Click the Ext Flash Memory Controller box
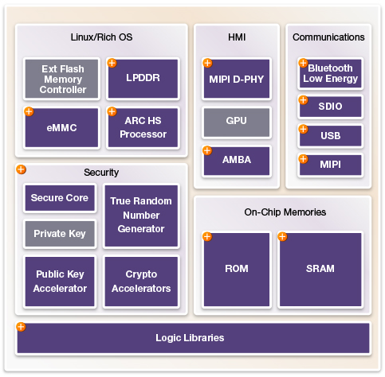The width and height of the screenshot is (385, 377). click(x=61, y=79)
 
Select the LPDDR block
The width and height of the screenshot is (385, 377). click(x=143, y=79)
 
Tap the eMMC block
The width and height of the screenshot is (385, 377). click(x=61, y=127)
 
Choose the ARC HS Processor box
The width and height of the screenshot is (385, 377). click(x=143, y=127)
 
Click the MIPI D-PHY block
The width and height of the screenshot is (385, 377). click(x=237, y=79)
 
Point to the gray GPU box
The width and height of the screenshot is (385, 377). click(x=237, y=122)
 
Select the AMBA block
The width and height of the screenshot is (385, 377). click(x=237, y=161)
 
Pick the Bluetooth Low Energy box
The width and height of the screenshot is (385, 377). click(x=330, y=73)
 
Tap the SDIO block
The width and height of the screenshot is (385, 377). click(x=330, y=107)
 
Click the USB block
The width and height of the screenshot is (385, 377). click(x=330, y=136)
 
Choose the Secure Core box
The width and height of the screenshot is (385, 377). click(x=60, y=198)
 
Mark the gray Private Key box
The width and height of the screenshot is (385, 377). click(x=60, y=234)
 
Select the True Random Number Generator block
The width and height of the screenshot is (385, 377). click(x=141, y=216)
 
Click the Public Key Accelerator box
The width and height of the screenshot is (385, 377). click(x=60, y=282)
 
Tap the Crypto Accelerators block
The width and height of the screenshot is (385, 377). click(x=141, y=282)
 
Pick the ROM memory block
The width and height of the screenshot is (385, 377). click(x=237, y=270)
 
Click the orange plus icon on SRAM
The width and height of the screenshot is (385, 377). click(x=282, y=236)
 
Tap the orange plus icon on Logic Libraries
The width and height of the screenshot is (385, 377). click(x=21, y=327)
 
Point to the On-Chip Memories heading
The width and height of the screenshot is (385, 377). click(x=285, y=212)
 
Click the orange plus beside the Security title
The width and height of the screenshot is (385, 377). click(x=21, y=169)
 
